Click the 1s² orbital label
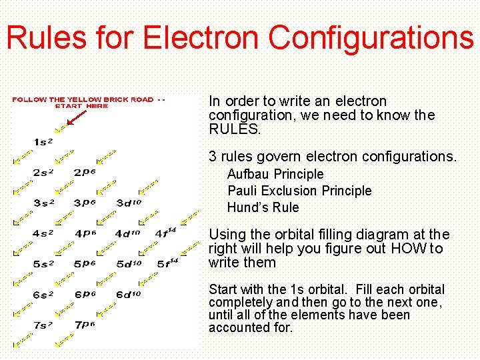pyautogui.click(x=43, y=141)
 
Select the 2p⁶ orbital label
pyautogui.click(x=85, y=172)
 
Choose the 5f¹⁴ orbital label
pyautogui.click(x=167, y=263)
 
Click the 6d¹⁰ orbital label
pyautogui.click(x=129, y=294)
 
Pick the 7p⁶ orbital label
pyautogui.click(x=85, y=325)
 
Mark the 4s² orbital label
pyautogui.click(x=43, y=233)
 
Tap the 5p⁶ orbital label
pyautogui.click(x=85, y=264)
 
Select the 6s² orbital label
pyautogui.click(x=43, y=294)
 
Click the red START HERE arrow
pyautogui.click(x=75, y=118)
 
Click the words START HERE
pyautogui.click(x=81, y=106)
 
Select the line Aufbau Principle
pyautogui.click(x=275, y=174)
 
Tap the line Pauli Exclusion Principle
pyautogui.click(x=299, y=191)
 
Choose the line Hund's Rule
pyautogui.click(x=263, y=207)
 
